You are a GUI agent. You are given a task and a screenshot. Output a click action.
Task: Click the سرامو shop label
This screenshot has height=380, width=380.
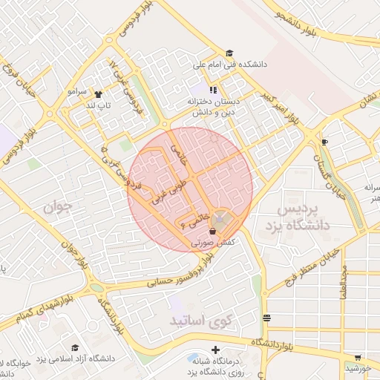(x=76, y=93)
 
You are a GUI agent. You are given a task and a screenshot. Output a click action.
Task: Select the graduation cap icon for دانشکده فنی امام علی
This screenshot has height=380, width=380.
(x=230, y=53)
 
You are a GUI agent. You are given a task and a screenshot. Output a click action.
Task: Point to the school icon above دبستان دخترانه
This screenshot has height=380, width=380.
(x=213, y=90)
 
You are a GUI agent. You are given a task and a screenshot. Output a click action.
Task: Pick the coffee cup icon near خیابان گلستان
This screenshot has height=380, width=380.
(x=324, y=141)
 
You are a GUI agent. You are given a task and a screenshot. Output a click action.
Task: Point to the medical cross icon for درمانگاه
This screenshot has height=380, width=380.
(x=215, y=350)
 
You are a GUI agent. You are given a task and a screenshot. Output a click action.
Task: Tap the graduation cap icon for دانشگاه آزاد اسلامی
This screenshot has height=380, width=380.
(x=74, y=347)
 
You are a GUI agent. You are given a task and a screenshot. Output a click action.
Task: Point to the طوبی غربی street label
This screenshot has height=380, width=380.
(x=167, y=191)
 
